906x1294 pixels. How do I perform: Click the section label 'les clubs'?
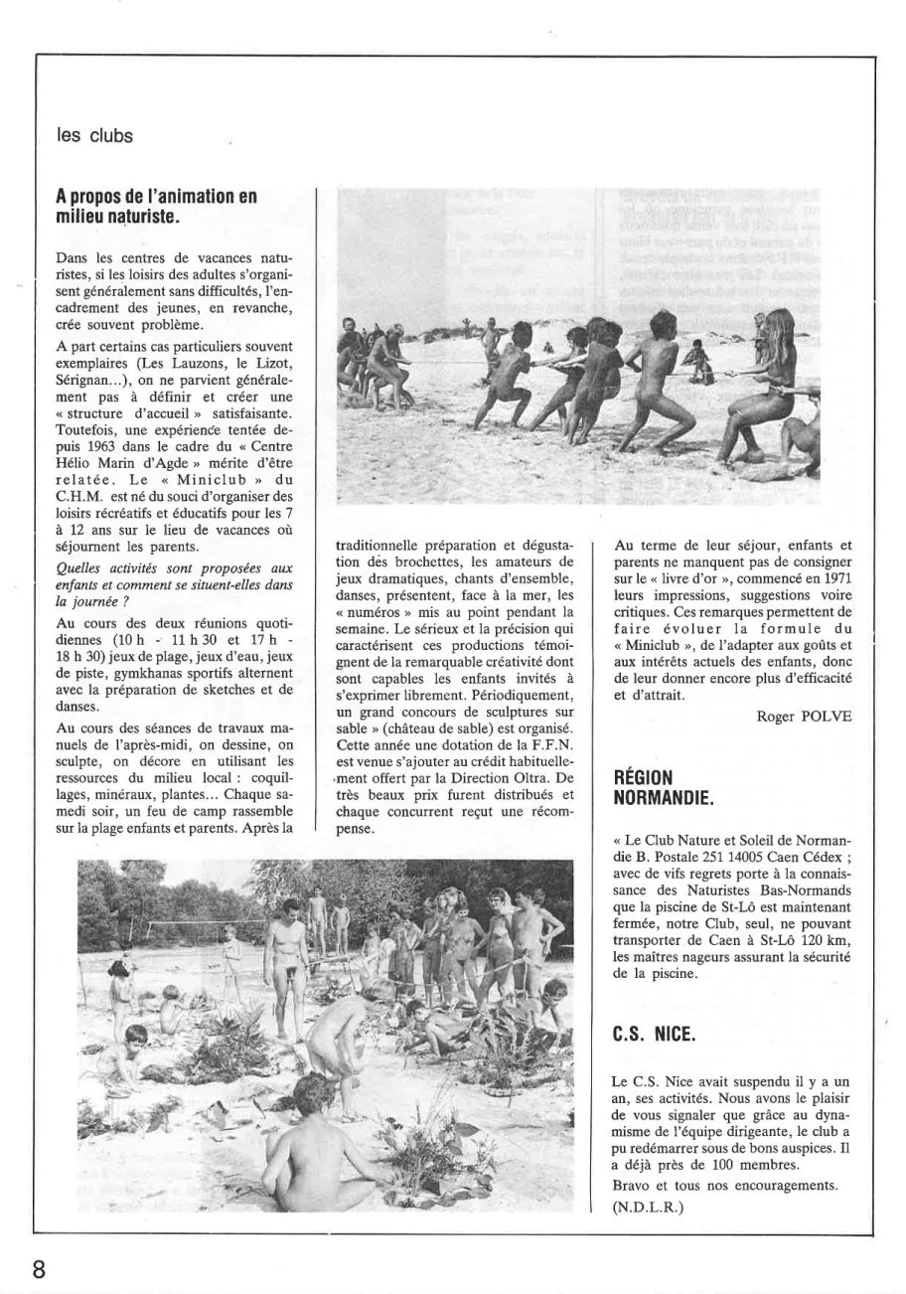(94, 136)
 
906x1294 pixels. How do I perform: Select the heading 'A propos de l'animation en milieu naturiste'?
(156, 205)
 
